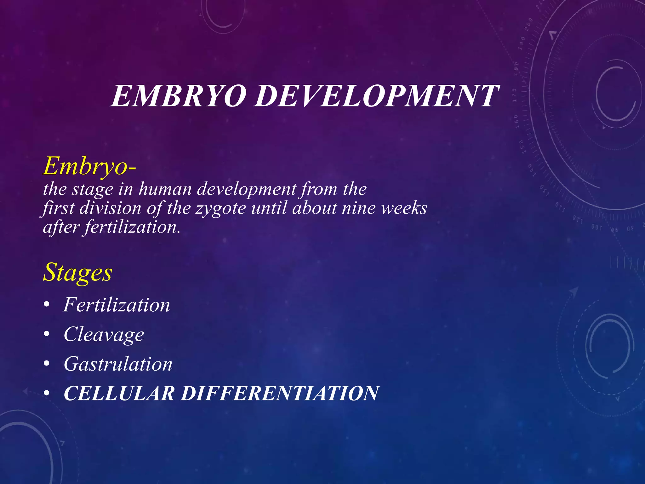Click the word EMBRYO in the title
[x=178, y=96]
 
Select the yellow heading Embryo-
[x=90, y=166]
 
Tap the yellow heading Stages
[x=77, y=273]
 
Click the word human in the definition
[x=165, y=189]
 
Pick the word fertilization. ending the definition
[x=133, y=227]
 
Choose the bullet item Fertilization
[x=117, y=305]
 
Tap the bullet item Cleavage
[x=104, y=334]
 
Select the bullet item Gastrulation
[x=118, y=364]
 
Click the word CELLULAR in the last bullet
[x=119, y=393]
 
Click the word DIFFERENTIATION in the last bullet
[x=280, y=393]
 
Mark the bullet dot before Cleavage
[x=47, y=335]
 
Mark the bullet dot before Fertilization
[x=47, y=305]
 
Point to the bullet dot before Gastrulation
[x=47, y=364]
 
